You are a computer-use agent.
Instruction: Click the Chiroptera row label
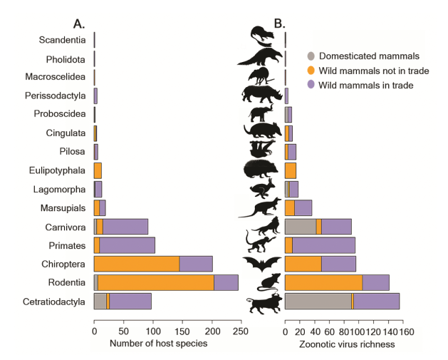click(x=64, y=264)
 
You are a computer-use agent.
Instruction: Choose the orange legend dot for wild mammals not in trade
click(x=311, y=71)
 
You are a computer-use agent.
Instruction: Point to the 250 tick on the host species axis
click(x=241, y=331)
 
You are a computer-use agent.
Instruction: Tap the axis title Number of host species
click(x=157, y=344)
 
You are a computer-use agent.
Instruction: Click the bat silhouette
click(x=262, y=264)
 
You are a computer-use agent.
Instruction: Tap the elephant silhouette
click(x=261, y=113)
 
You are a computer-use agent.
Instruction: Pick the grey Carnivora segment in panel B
click(x=300, y=227)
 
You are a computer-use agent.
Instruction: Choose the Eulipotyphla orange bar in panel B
click(x=291, y=170)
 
